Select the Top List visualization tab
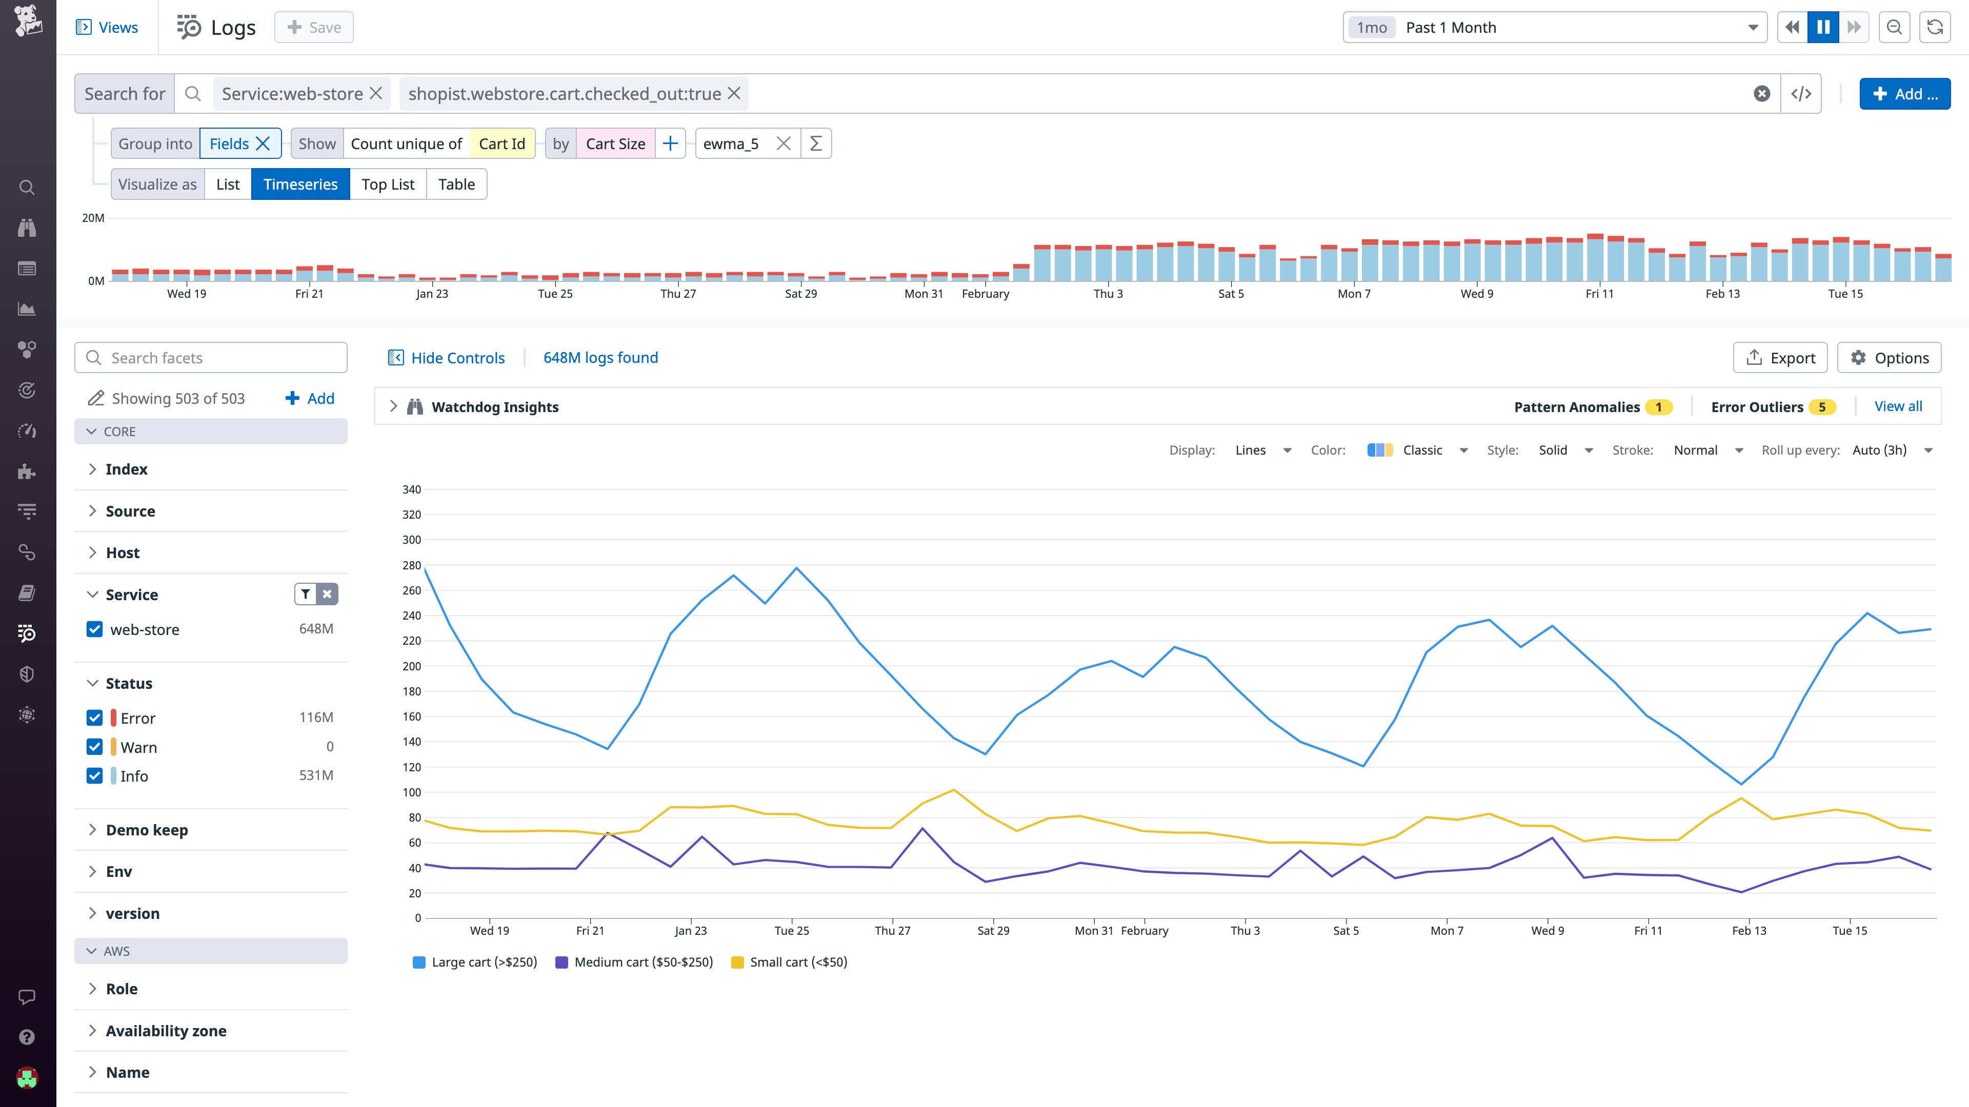[388, 184]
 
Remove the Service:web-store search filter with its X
[376, 93]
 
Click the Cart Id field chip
[501, 143]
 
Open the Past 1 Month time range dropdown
[1554, 28]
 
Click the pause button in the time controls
[1823, 28]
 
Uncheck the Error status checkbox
[95, 718]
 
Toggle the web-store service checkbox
[95, 629]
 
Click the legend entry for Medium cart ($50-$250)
[642, 962]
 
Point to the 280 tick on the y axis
[411, 565]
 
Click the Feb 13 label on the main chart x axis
[1749, 931]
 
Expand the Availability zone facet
[166, 1031]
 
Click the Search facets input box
[211, 358]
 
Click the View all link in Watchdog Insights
[1898, 406]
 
